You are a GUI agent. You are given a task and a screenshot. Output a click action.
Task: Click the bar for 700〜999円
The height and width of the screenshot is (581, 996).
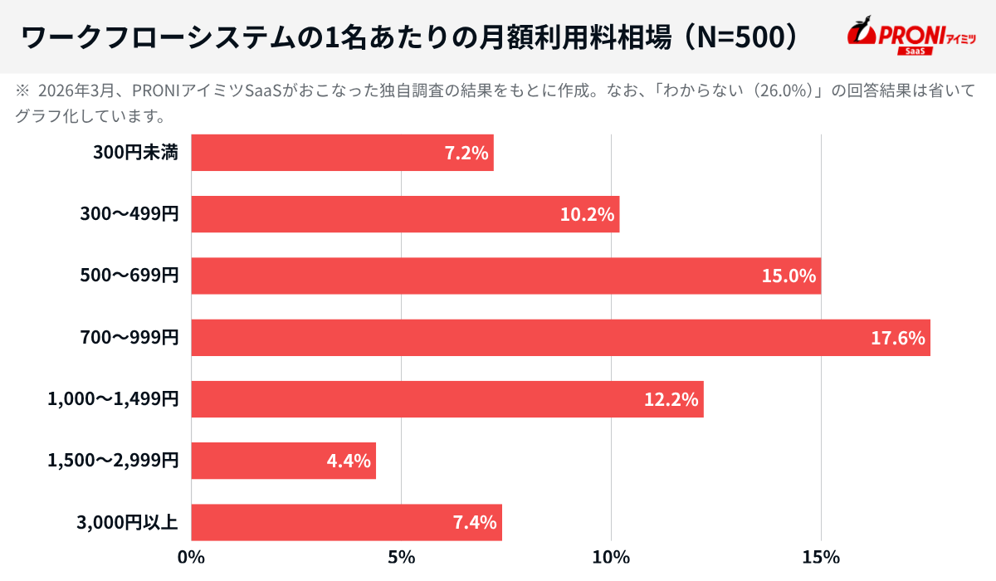click(x=560, y=338)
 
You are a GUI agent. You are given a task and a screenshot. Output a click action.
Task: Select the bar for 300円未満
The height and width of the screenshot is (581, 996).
click(x=342, y=153)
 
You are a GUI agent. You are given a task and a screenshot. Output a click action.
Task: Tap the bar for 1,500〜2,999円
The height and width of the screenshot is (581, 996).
click(x=283, y=461)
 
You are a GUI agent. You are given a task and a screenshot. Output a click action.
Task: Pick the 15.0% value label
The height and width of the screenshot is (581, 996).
click(x=788, y=276)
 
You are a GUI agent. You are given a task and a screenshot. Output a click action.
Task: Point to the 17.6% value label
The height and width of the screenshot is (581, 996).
click(x=898, y=338)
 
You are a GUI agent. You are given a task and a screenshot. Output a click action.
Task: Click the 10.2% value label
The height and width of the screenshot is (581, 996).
click(x=587, y=215)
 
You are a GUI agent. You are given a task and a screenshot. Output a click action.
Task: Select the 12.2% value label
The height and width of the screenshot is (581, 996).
click(x=671, y=399)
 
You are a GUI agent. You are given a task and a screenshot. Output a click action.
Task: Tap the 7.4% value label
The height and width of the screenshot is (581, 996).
click(x=474, y=522)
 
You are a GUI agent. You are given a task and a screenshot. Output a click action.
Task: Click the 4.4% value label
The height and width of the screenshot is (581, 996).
click(x=349, y=461)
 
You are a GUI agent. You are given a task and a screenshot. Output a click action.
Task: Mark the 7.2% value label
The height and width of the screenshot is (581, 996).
click(x=466, y=153)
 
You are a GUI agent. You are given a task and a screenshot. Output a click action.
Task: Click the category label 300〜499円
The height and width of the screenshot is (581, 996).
click(x=129, y=215)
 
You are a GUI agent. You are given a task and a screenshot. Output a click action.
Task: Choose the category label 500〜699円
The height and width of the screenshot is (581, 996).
click(x=129, y=276)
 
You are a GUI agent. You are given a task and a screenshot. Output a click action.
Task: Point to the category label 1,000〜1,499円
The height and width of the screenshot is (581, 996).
click(x=113, y=399)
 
